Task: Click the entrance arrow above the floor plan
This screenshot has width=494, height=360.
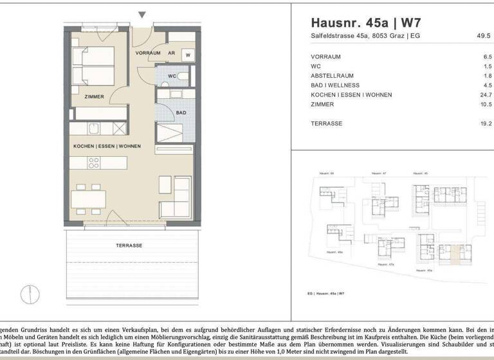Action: click(142, 15)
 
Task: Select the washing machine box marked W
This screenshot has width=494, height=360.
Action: click(188, 55)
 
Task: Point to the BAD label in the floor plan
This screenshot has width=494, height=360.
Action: click(182, 113)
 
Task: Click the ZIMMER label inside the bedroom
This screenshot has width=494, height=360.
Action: click(94, 96)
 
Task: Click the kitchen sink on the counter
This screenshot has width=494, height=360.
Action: click(94, 127)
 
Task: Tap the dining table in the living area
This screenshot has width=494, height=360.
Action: click(88, 199)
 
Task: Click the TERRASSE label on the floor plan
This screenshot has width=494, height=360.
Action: click(129, 246)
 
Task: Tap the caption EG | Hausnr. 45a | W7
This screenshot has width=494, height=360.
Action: click(331, 292)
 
